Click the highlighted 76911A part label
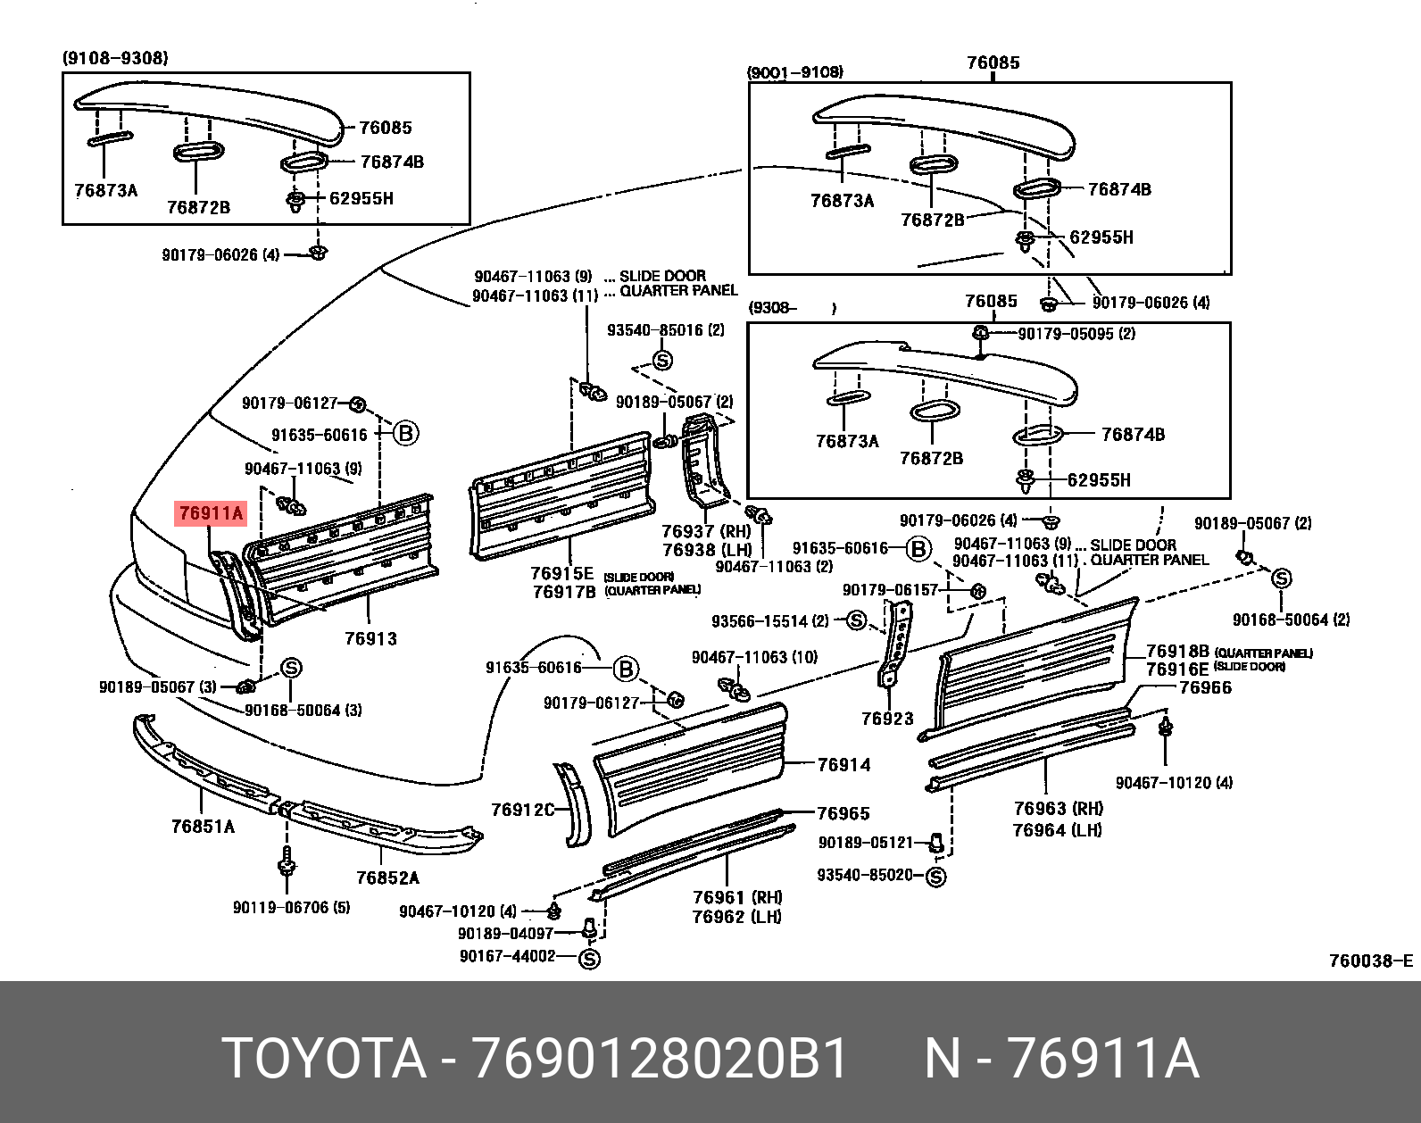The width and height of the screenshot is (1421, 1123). point(211,514)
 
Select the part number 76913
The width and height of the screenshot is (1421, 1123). point(370,639)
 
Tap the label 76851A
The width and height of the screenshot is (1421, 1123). point(203,827)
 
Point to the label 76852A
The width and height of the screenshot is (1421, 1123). point(387,878)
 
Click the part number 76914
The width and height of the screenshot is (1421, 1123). point(843,765)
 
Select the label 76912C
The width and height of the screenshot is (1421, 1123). point(522,810)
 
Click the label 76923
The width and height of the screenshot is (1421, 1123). point(887,718)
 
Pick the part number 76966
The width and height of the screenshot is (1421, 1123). point(1205,687)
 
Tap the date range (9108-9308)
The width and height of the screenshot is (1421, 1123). point(115,58)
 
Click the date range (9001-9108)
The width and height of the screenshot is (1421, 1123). point(795,72)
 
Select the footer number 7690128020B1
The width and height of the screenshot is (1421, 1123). point(661,1060)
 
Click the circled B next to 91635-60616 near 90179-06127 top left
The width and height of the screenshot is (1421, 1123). point(405,434)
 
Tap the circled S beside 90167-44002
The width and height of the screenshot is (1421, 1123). point(589,959)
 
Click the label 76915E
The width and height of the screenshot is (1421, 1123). point(561,574)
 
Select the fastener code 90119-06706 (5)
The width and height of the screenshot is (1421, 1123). point(291,908)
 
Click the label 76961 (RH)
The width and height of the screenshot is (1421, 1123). point(736,897)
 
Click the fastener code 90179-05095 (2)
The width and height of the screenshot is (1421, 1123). point(1076,334)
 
